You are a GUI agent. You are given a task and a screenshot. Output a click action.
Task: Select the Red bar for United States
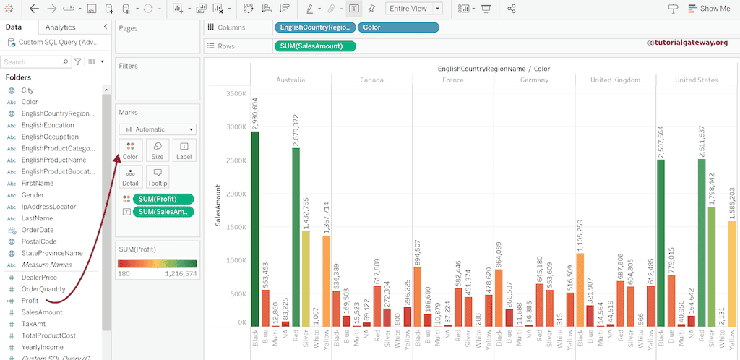coord(701,243)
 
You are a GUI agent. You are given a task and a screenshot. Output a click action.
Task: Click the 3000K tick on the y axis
coord(234,127)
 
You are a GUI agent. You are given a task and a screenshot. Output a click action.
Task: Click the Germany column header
coord(534,80)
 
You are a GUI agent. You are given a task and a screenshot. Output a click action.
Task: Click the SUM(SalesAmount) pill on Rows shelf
coord(315,46)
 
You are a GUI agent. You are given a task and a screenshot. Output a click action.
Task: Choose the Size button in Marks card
coord(158,150)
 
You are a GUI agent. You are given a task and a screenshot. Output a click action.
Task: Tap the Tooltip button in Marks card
coord(158,176)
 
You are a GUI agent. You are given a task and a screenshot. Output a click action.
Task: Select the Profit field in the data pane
coord(30,300)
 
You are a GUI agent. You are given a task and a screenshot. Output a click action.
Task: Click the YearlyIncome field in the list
coord(42,347)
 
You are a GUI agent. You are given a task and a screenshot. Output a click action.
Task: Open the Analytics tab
coord(60,27)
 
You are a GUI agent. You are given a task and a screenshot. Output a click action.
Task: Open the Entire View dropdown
coord(414,9)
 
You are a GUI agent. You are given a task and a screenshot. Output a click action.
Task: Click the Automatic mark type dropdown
coord(157,129)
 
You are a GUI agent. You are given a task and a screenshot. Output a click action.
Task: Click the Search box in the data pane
coord(36,62)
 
